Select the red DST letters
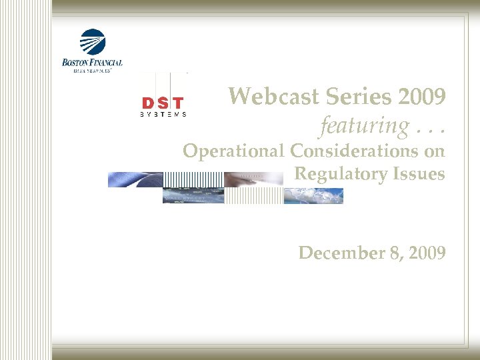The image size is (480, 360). pos(163,103)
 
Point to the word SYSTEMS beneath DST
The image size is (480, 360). pos(163,115)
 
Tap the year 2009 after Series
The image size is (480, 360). pos(422,97)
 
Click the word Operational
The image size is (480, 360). pos(234,151)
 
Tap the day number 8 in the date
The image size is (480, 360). pos(387,253)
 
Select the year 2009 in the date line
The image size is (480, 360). pos(423,253)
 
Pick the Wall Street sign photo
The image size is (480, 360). pos(193,196)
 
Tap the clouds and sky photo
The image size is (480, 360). pos(313,196)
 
